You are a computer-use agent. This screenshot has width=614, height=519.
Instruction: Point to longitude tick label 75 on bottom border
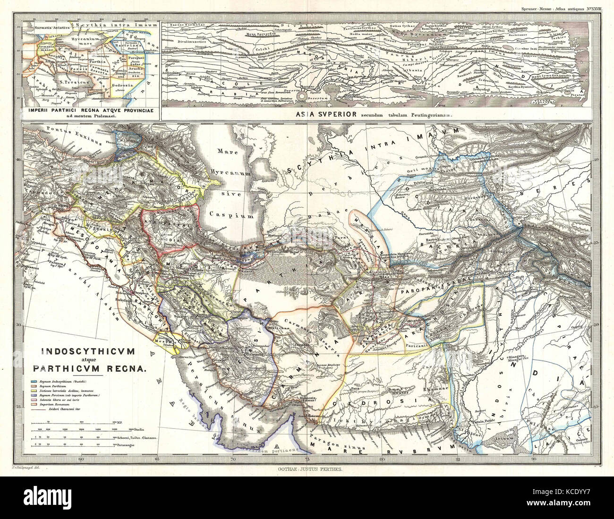[307, 458]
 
